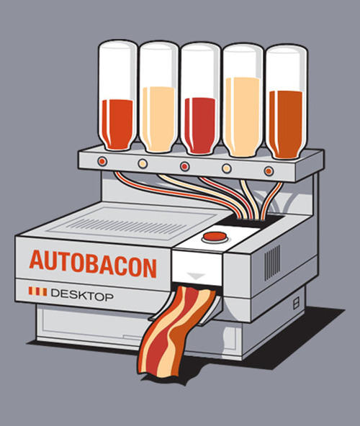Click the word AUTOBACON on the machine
[x=93, y=264]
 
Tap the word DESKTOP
[x=82, y=295]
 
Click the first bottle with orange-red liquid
[x=118, y=96]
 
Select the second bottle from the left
[x=159, y=97]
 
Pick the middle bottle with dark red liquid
[x=200, y=99]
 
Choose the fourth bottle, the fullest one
[x=243, y=101]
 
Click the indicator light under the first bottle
[x=102, y=161]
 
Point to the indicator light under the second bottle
[x=143, y=163]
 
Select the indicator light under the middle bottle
[x=185, y=166]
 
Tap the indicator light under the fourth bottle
[x=227, y=168]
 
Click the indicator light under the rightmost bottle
[x=269, y=171]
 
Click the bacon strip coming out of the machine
[x=174, y=332]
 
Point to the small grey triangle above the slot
[x=197, y=276]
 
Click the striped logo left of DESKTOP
[x=37, y=291]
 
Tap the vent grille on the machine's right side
[x=272, y=263]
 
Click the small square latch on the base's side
[x=296, y=303]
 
